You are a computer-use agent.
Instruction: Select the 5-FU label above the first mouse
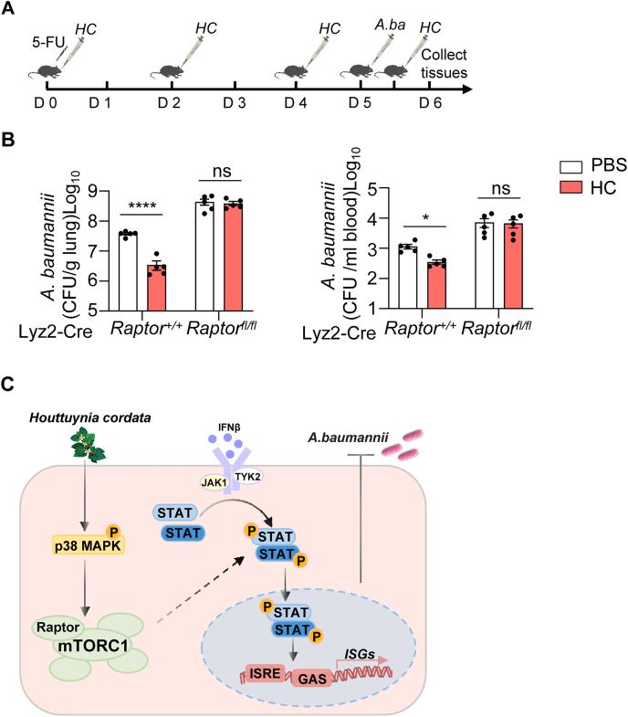point(47,41)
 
